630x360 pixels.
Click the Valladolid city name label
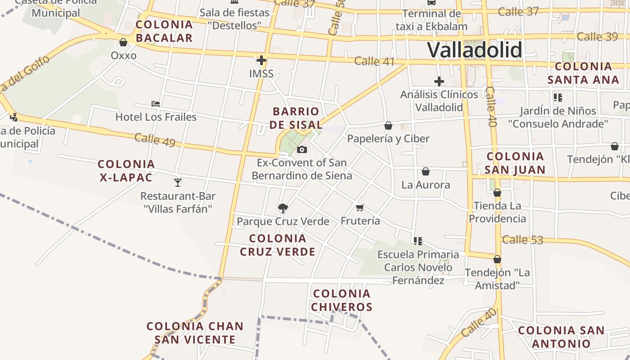475,49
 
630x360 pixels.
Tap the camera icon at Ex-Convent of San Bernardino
302,149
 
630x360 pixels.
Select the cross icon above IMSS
261,60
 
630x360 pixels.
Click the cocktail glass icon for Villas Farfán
178,182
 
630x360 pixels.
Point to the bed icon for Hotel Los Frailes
156,103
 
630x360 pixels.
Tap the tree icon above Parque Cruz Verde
283,207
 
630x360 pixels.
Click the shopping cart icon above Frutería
360,207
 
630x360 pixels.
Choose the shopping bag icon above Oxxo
123,42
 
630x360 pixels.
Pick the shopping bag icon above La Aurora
425,171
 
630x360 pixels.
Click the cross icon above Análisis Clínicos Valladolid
439,81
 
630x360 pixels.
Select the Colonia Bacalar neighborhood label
164,31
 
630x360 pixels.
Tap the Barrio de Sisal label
296,118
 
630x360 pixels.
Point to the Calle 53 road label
522,240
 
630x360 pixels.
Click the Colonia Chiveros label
342,300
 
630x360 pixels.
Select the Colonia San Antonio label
561,337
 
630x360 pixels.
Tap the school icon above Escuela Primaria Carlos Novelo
418,241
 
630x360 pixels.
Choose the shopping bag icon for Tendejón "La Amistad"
497,259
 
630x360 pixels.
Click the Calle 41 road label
374,61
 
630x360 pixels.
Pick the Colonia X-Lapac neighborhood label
126,171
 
